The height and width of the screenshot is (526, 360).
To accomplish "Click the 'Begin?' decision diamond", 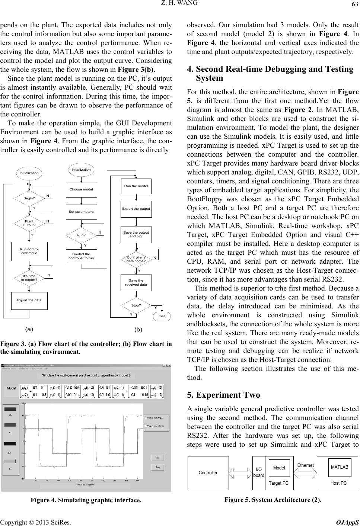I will pyautogui.click(x=29, y=198).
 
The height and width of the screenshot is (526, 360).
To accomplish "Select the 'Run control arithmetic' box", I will pyautogui.click(x=29, y=251).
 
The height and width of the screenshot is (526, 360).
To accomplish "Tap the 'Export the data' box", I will pyautogui.click(x=29, y=300).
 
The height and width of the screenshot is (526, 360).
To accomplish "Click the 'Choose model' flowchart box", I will pyautogui.click(x=81, y=189).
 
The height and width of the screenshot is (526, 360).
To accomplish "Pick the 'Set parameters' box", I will pyautogui.click(x=81, y=212).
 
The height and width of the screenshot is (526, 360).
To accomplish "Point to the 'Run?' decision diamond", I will pyautogui.click(x=81, y=235).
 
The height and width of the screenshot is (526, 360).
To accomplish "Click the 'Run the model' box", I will pyautogui.click(x=136, y=186).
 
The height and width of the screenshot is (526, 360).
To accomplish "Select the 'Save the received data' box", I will pyautogui.click(x=136, y=282).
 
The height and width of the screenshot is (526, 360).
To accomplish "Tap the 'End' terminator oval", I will pyautogui.click(x=162, y=316).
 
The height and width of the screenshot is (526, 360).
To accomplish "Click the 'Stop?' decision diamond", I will pyautogui.click(x=136, y=305).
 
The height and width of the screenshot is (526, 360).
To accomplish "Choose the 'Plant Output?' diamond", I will pyautogui.click(x=29, y=223).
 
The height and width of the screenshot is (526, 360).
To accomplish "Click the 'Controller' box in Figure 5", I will pyautogui.click(x=208, y=473).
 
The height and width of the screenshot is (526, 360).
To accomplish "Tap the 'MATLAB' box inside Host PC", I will pyautogui.click(x=339, y=467).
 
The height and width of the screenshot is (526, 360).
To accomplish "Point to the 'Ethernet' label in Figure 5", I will pyautogui.click(x=305, y=465).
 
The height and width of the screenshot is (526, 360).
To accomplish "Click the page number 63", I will pyautogui.click(x=353, y=4).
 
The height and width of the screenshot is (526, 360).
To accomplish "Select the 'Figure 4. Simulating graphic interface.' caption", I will pyautogui.click(x=86, y=500).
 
